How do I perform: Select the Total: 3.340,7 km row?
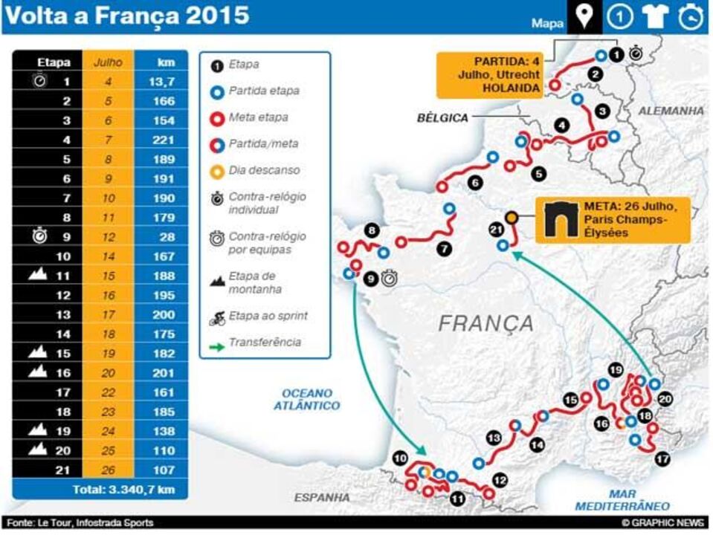(101, 490)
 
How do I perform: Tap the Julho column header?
(108, 62)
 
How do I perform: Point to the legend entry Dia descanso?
(264, 170)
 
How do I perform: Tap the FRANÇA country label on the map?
(485, 323)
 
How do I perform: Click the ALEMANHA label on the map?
(670, 110)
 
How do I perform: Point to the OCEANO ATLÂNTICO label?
(306, 399)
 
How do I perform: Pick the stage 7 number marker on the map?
(443, 249)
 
